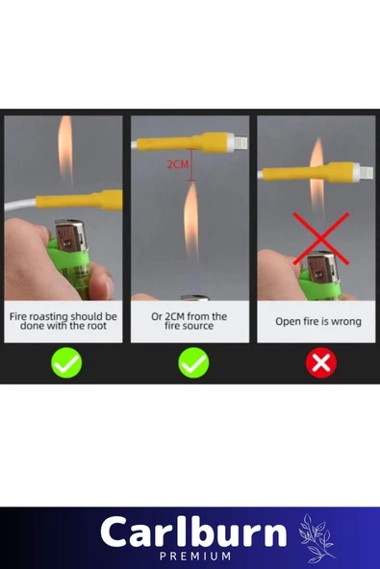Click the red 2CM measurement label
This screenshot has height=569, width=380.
coord(178,164)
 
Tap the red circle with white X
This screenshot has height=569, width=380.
coord(320,362)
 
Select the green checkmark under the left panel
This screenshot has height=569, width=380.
coord(66,362)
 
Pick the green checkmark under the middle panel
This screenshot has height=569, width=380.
coord(193,362)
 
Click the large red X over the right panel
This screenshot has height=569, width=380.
coord(320,238)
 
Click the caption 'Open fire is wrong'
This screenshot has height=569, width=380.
coord(318,322)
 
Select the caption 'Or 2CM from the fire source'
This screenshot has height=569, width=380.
coord(189,321)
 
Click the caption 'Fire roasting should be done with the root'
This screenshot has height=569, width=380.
coord(63,321)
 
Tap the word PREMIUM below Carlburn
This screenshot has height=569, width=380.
coord(195,556)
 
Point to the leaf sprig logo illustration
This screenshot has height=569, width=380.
coord(317,538)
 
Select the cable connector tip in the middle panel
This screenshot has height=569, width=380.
coord(240,142)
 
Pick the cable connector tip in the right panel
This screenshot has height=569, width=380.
coord(366,172)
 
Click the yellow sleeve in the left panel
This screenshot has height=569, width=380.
coord(79,200)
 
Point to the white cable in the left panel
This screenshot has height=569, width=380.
coord(20,205)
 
